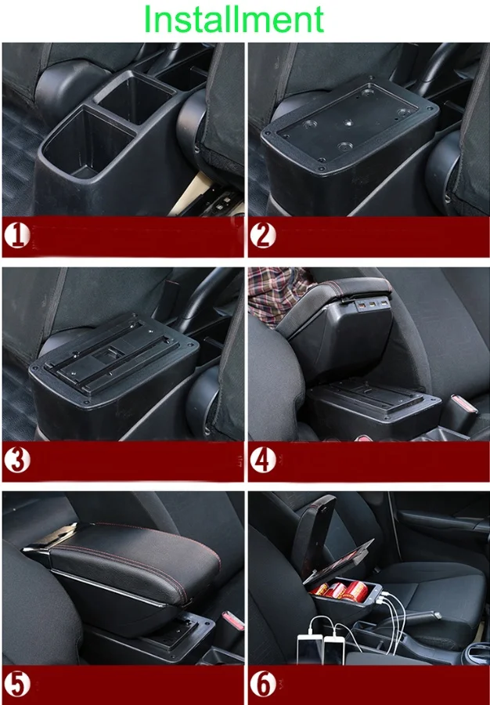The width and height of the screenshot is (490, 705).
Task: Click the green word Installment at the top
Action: click(234, 19)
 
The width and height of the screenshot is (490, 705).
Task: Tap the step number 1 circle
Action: click(17, 236)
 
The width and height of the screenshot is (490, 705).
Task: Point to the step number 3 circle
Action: click(17, 461)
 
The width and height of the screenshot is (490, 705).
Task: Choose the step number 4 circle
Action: click(262, 461)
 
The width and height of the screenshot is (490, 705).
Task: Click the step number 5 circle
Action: click(17, 684)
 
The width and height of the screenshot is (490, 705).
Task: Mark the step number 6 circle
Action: click(262, 684)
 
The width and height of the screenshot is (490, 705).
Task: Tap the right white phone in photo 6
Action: click(334, 650)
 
